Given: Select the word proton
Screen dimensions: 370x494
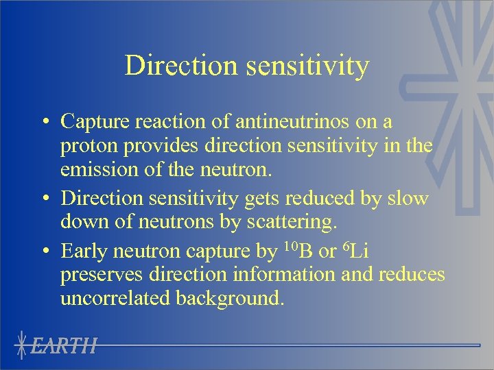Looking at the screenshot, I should tap(85, 147).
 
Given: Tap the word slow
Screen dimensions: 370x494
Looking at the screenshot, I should tap(408, 199).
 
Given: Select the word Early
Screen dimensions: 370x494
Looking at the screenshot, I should tap(82, 251).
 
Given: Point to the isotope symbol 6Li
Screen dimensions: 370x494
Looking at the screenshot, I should tap(355, 250).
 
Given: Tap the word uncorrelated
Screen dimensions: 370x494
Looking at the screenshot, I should tap(116, 299).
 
